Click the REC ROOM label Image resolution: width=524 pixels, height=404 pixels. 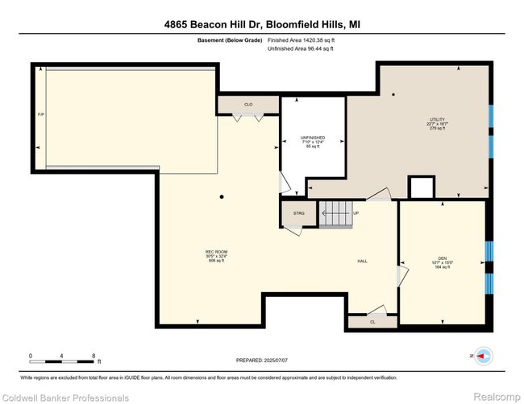point(216,256)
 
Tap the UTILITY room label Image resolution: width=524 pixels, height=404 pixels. point(436,124)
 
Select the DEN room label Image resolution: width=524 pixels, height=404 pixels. point(439,262)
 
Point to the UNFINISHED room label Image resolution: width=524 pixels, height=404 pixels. point(312,142)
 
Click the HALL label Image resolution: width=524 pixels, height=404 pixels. point(364,262)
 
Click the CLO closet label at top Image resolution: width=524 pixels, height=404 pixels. point(248,105)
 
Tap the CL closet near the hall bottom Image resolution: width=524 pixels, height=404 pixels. point(372,321)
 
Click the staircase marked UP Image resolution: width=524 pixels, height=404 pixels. point(337,215)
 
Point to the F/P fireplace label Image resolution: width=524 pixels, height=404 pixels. point(40,114)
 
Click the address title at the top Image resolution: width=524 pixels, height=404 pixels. point(262,25)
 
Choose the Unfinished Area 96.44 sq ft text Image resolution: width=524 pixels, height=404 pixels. point(300,49)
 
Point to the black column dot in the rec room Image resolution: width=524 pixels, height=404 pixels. point(223,197)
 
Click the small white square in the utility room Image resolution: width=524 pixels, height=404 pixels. point(421,188)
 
